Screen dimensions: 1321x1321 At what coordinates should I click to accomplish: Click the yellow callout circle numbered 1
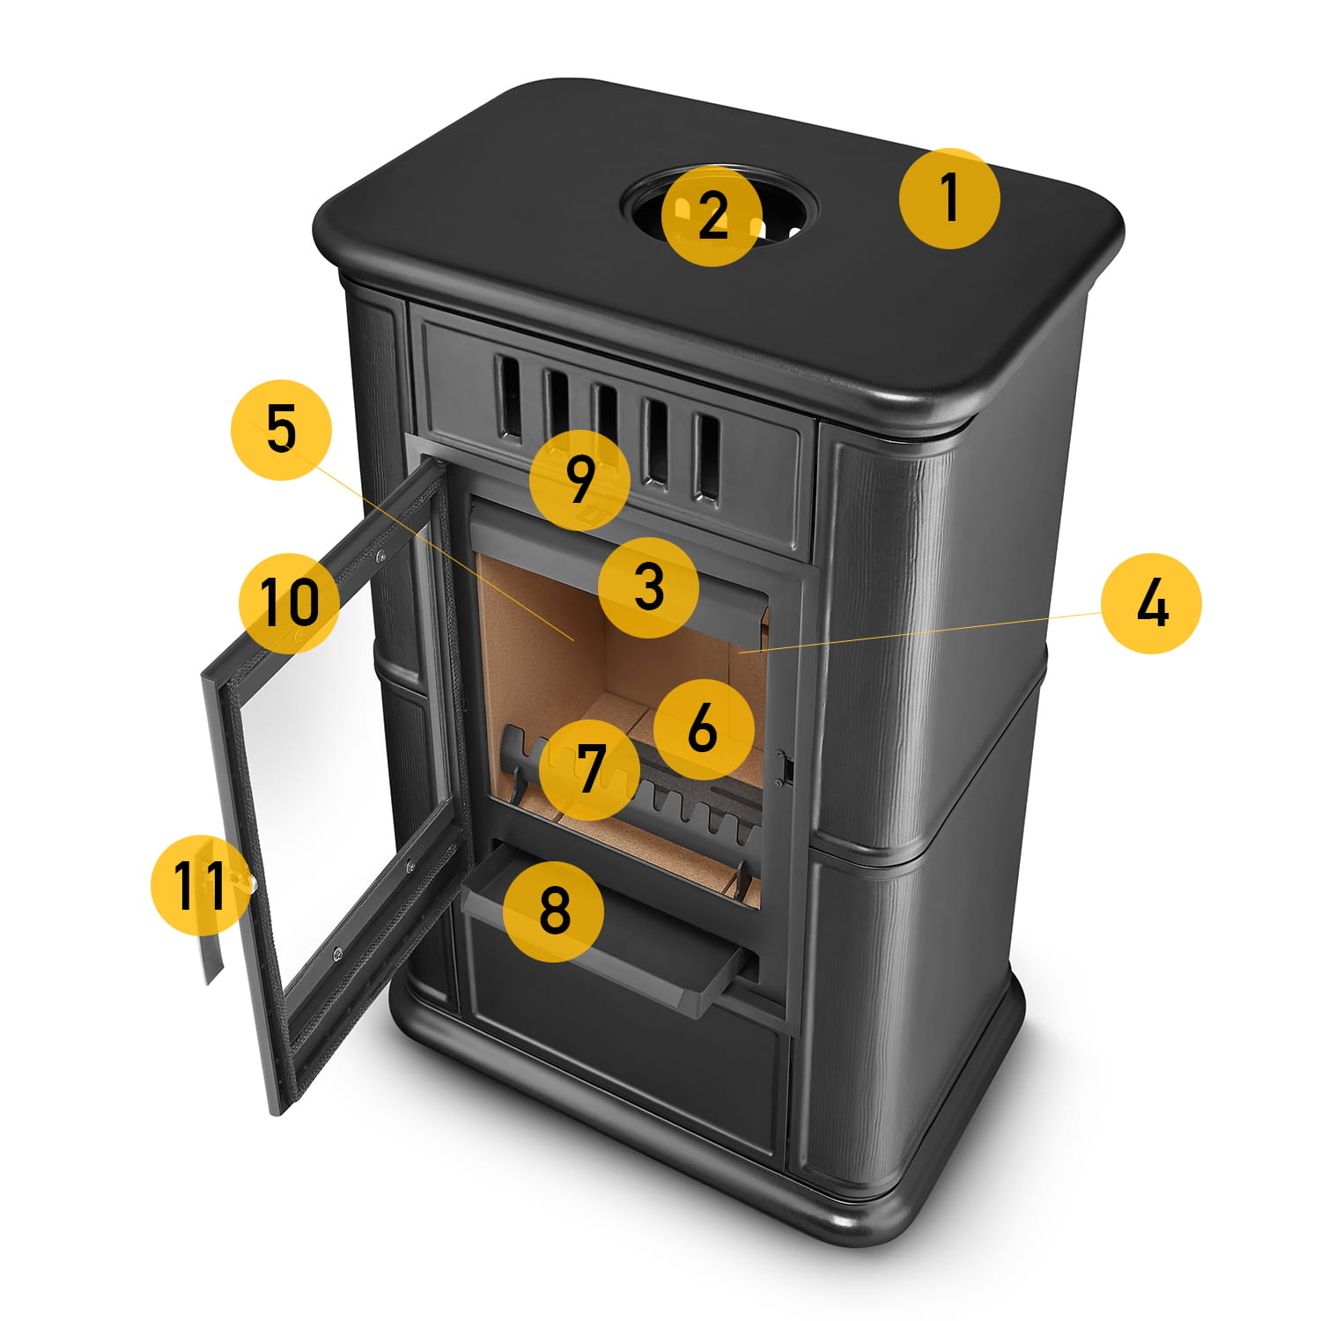(949, 198)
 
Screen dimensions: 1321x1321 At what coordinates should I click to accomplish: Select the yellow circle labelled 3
(648, 587)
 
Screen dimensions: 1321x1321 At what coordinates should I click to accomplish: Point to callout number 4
(1151, 602)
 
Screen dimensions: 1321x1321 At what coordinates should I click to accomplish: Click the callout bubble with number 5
(281, 429)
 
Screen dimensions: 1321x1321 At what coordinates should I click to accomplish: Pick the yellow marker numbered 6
(704, 728)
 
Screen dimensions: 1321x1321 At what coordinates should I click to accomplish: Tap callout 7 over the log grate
(589, 769)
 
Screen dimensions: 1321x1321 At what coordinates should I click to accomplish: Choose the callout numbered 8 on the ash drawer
(553, 910)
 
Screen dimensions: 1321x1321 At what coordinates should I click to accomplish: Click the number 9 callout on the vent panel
(579, 479)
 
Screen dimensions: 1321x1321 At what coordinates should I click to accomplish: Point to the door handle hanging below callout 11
(213, 951)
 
